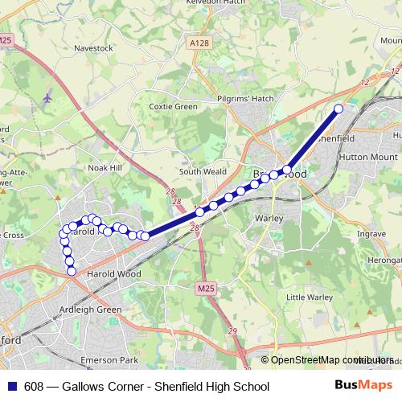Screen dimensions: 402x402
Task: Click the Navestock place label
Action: click(93, 48)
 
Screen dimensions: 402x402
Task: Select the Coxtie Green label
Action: click(173, 107)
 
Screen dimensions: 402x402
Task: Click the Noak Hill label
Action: click(104, 167)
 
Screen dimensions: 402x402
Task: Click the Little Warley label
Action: click(310, 297)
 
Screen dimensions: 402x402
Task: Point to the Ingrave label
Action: click(371, 234)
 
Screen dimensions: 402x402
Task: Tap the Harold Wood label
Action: click(113, 274)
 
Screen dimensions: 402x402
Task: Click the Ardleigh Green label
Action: click(90, 310)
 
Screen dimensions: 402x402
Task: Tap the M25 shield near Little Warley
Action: click(206, 286)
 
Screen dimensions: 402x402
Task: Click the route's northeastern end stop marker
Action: click(338, 109)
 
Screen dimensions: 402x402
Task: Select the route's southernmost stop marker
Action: click(72, 272)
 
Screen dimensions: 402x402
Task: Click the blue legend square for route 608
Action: click(11, 387)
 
